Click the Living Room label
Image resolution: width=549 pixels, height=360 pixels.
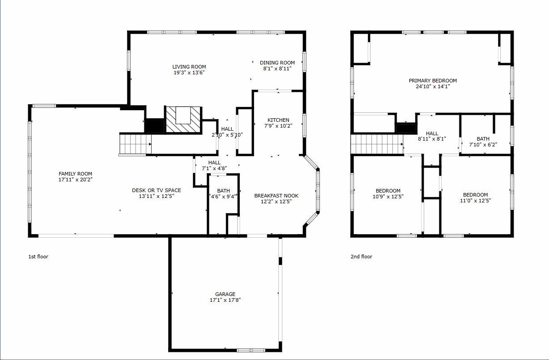189,67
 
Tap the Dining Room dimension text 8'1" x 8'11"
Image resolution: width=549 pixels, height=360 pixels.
277,69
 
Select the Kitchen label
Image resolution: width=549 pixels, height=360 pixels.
278,120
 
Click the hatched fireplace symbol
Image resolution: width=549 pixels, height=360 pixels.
183,120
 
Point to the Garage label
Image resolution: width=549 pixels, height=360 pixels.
225,294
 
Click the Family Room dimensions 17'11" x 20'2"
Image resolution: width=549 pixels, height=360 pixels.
75,180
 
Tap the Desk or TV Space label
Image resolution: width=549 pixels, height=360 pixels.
156,190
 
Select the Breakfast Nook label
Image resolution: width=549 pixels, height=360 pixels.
276,196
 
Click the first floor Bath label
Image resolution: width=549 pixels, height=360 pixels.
223,191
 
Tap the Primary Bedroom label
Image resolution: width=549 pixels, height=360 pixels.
433,81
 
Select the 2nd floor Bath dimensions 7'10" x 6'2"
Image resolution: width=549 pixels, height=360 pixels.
483,145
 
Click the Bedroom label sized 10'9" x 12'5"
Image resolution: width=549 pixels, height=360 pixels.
388,191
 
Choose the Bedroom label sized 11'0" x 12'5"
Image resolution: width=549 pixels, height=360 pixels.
475,195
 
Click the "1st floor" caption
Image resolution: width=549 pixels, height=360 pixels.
38,257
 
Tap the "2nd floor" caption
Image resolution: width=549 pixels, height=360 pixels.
361,257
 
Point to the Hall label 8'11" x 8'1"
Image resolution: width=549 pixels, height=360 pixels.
432,133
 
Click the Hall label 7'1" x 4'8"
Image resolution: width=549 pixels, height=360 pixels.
214,163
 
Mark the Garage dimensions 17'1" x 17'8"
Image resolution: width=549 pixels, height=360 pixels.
225,300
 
